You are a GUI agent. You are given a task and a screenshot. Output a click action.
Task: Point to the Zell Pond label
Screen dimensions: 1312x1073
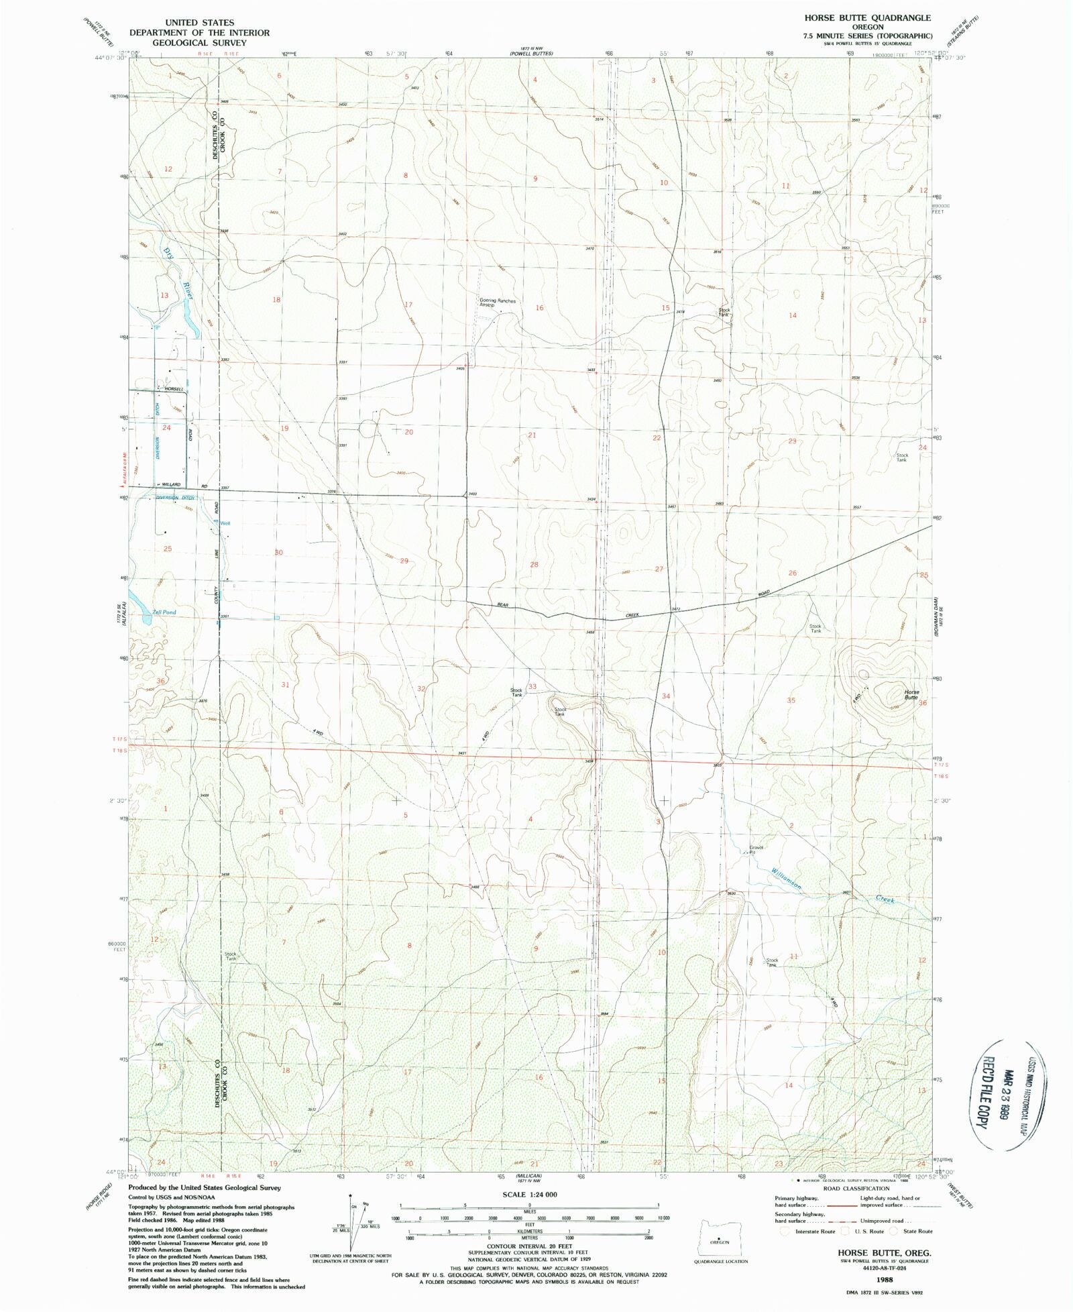pyautogui.click(x=164, y=612)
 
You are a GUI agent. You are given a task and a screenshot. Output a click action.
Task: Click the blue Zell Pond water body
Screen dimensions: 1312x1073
pyautogui.click(x=141, y=604)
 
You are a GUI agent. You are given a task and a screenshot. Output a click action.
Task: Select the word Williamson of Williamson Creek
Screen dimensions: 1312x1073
pyautogui.click(x=786, y=878)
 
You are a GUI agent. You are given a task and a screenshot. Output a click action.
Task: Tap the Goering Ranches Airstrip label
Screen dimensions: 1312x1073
pyautogui.click(x=497, y=303)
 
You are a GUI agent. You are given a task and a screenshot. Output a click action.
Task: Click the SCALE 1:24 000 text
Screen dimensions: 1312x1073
pyautogui.click(x=530, y=1195)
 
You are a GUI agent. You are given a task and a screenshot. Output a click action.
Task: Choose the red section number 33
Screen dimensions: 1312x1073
pyautogui.click(x=532, y=686)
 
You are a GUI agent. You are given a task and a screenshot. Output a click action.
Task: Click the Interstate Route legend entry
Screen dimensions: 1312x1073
pyautogui.click(x=812, y=1231)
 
